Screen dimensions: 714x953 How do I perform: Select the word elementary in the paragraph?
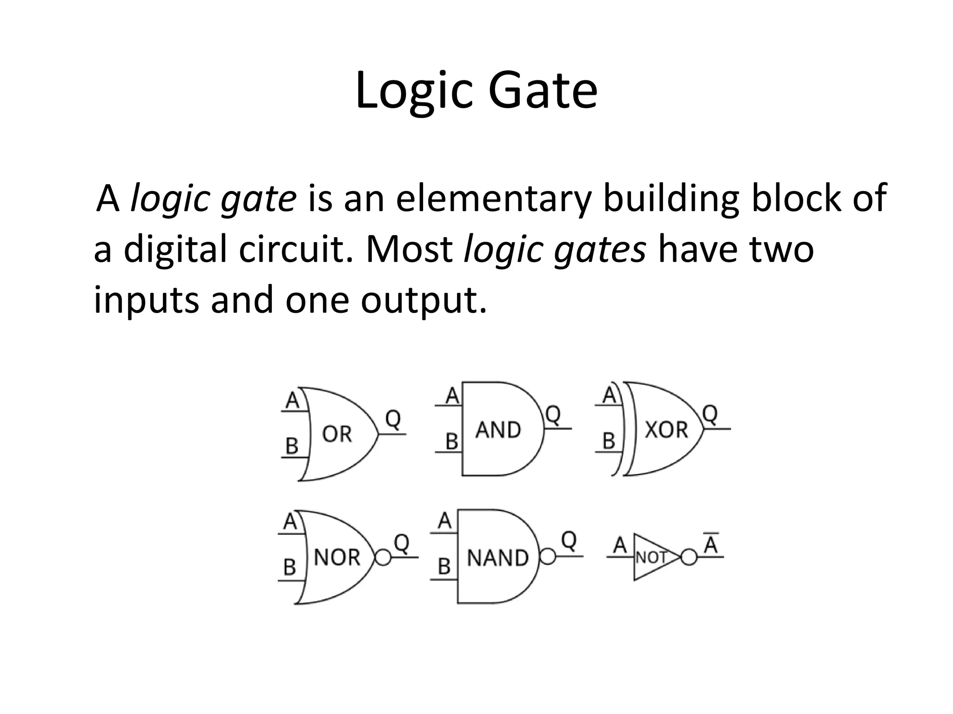tap(493, 198)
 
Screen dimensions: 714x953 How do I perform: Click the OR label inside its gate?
tap(337, 434)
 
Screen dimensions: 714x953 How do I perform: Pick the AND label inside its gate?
tap(498, 430)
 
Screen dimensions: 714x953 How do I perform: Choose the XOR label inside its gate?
tap(666, 430)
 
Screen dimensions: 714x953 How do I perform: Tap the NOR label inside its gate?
tap(337, 557)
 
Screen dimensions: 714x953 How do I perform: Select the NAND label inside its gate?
tap(497, 558)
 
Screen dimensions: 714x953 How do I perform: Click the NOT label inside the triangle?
tap(651, 557)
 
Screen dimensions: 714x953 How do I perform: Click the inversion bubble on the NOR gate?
tap(383, 557)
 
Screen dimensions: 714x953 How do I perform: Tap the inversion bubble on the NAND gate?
tap(548, 557)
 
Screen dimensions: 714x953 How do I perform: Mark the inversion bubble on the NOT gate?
tap(689, 557)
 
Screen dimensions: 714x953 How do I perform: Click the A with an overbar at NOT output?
tap(711, 544)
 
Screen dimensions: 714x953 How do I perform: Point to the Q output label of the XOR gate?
tap(710, 414)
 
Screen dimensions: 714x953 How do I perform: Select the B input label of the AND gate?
tap(451, 441)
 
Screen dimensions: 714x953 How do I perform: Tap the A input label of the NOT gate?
tap(619, 545)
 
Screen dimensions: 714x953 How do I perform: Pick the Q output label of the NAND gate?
tap(569, 540)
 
